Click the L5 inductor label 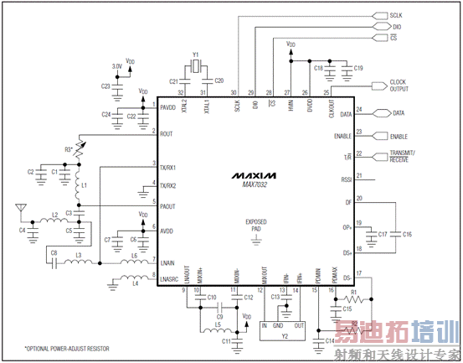216,325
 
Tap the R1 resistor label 353,292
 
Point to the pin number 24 358,109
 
